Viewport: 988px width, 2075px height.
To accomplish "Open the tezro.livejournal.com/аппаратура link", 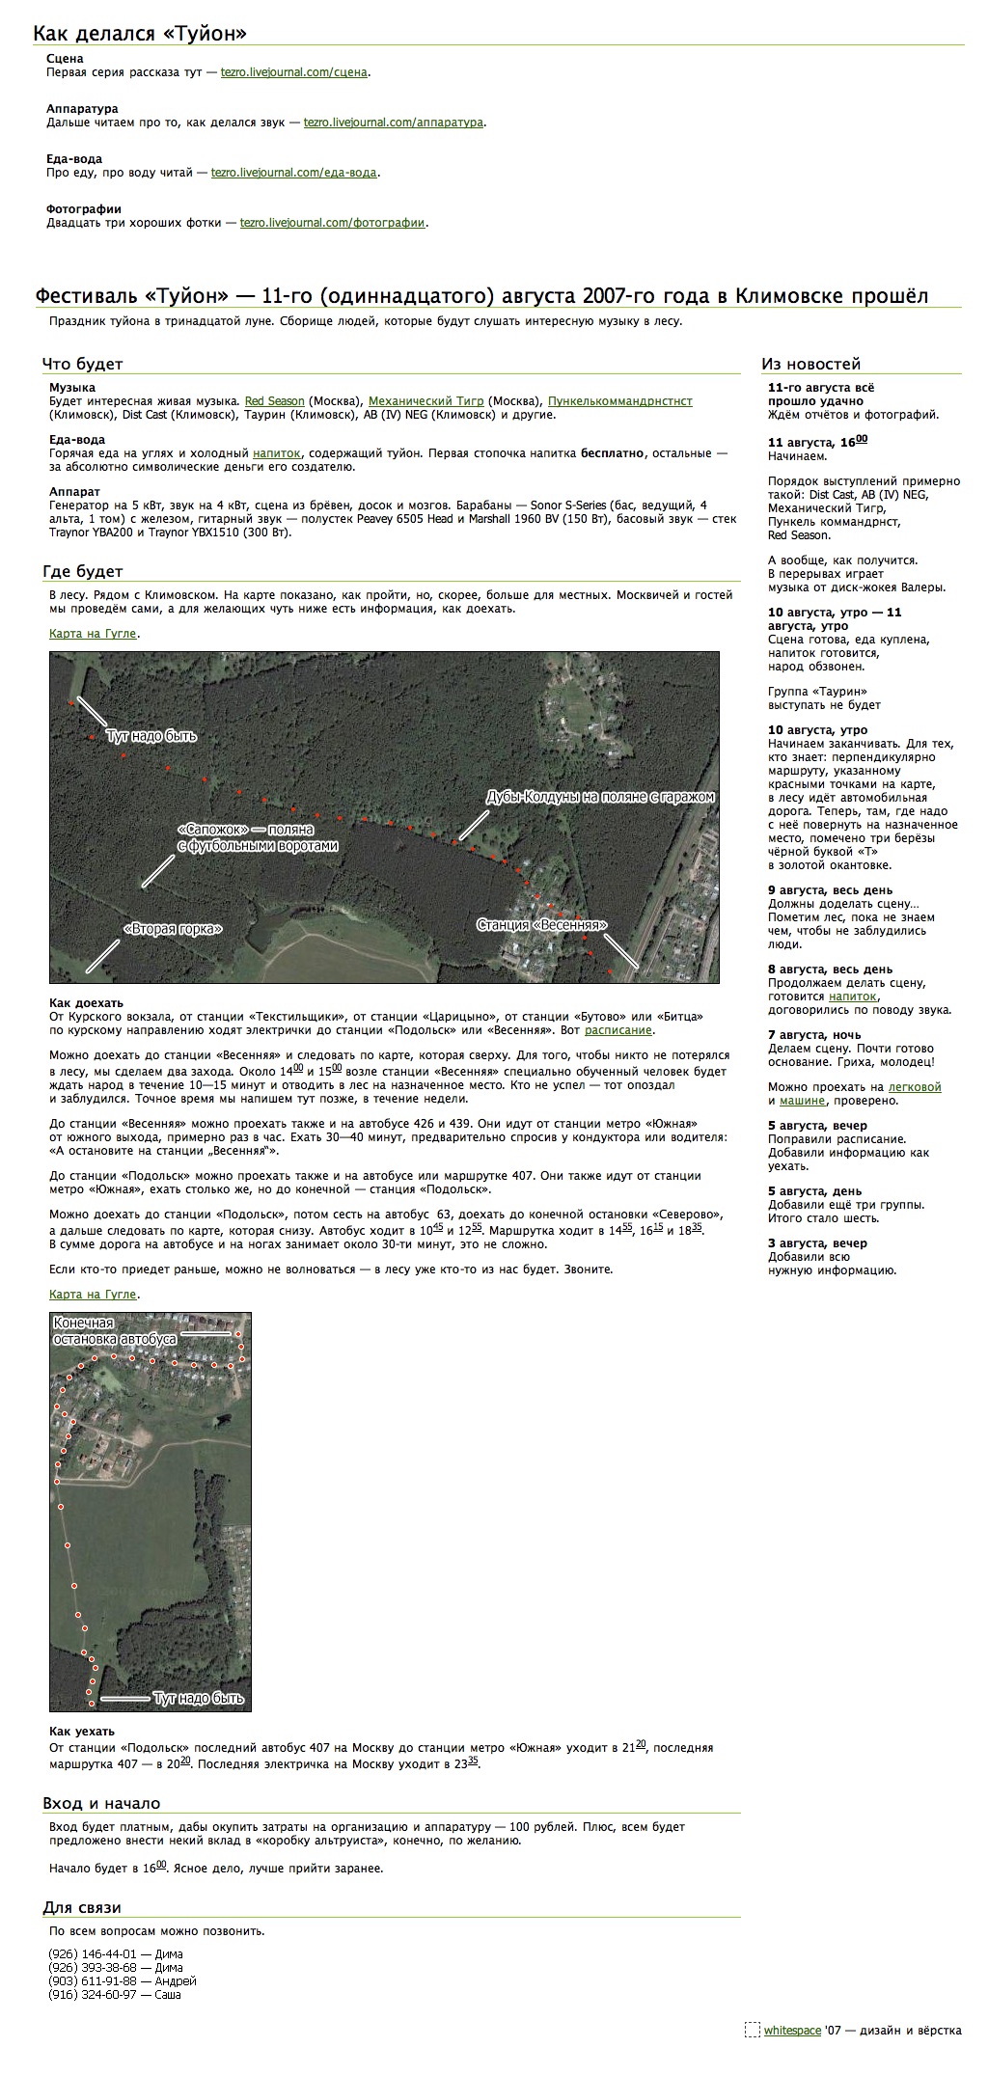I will tap(393, 123).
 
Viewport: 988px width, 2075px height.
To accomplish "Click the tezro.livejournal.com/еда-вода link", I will tap(294, 173).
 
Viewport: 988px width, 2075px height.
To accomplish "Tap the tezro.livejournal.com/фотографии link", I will tap(333, 223).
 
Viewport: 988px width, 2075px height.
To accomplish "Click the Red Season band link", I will tap(274, 401).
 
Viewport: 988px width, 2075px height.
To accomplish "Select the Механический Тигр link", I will tap(425, 401).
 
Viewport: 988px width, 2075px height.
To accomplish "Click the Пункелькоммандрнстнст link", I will tap(619, 401).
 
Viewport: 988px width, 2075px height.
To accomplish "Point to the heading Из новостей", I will tap(810, 365).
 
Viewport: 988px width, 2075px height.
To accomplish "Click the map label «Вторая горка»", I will tap(174, 929).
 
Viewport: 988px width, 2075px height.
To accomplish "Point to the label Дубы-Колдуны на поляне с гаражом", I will tap(600, 798).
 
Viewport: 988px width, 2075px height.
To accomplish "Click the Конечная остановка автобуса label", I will tap(115, 1332).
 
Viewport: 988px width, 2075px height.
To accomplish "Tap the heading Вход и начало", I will tap(101, 1804).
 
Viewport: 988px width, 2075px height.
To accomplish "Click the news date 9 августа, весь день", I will tap(830, 890).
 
